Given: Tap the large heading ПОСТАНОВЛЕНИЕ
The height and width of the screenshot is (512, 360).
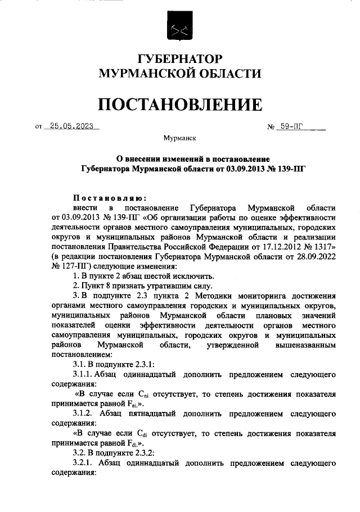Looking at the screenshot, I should click(180, 104).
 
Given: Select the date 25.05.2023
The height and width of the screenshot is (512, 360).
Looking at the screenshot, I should click(71, 126).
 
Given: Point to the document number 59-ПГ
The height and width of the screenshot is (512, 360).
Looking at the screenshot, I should click(291, 126).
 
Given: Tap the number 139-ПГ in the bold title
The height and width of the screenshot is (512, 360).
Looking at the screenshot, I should click(287, 167).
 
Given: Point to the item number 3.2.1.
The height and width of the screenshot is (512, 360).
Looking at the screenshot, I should click(83, 462).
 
